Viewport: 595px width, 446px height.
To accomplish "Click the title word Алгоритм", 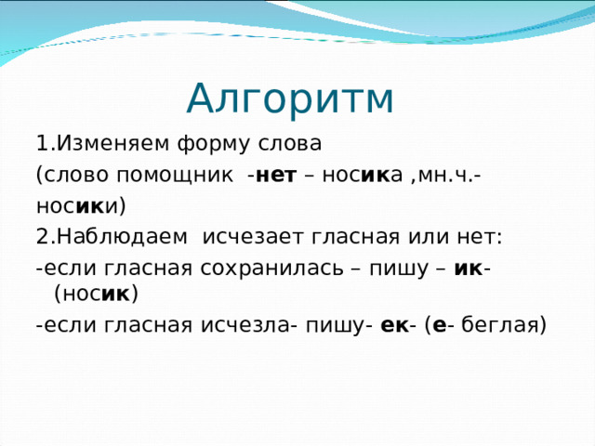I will tap(290, 98).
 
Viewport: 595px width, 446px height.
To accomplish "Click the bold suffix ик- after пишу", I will tap(475, 268).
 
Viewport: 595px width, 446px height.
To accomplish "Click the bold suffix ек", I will tap(393, 325).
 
